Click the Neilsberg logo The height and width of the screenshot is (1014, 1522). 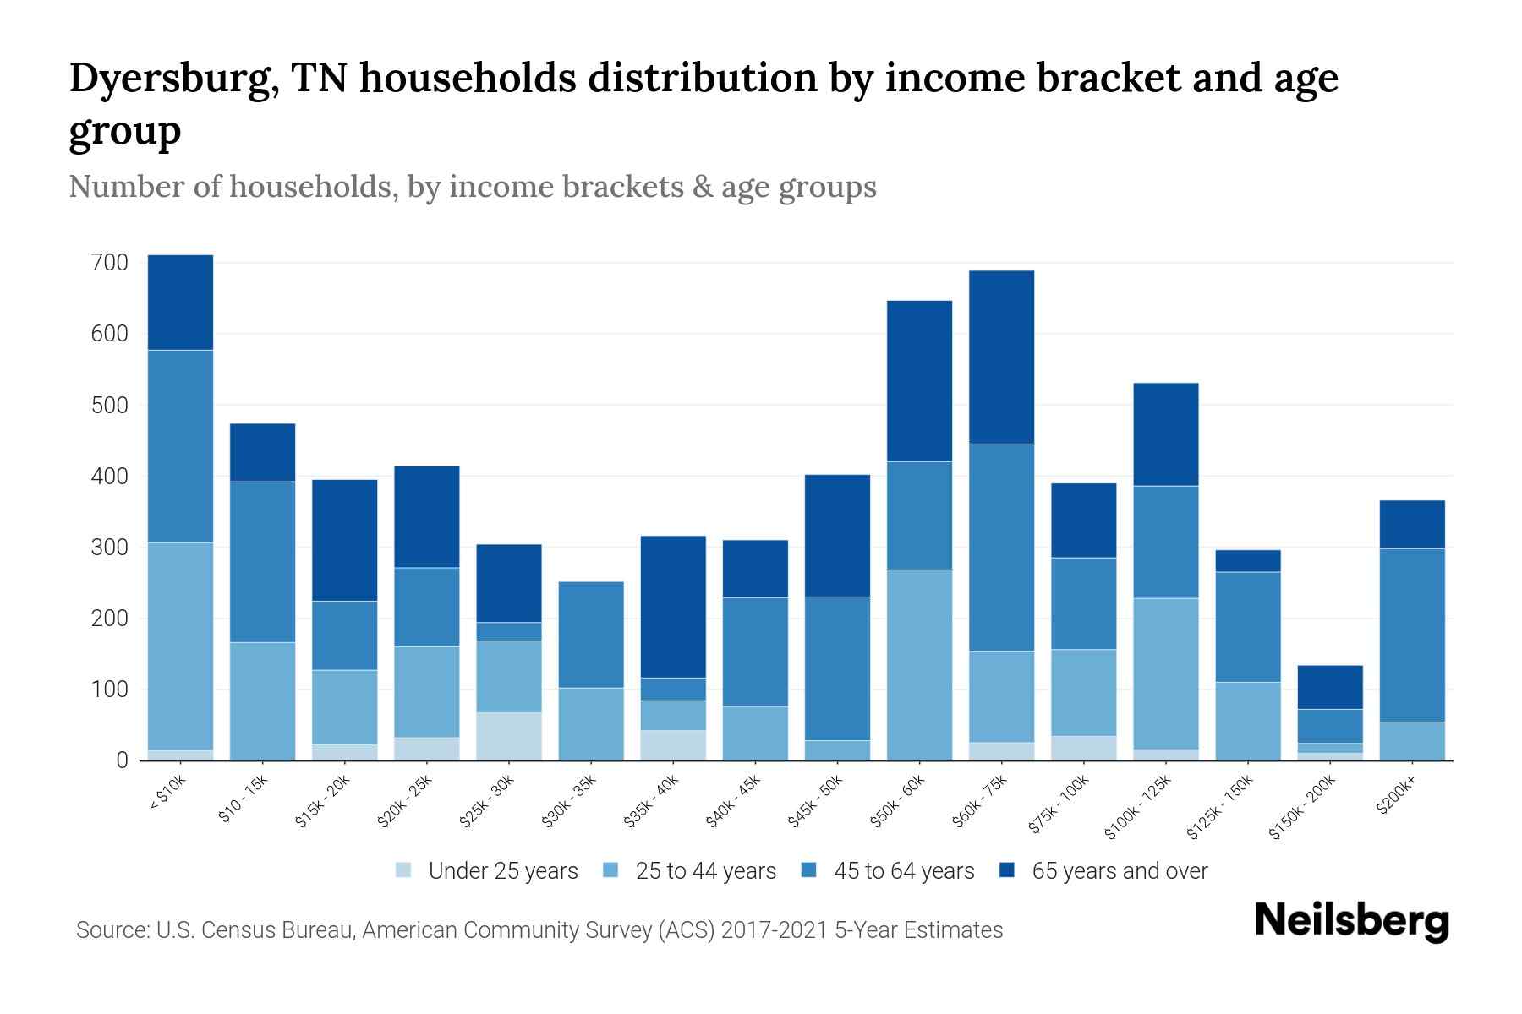pos(1351,921)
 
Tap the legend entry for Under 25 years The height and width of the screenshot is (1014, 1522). pos(502,871)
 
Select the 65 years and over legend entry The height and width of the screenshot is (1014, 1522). pos(1119,871)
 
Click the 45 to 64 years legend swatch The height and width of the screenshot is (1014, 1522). pos(809,870)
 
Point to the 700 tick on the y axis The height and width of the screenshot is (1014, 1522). pos(109,263)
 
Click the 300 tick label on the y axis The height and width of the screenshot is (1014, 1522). pos(109,548)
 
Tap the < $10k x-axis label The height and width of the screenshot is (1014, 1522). pos(167,795)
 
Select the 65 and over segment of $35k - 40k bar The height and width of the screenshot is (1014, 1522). pos(673,607)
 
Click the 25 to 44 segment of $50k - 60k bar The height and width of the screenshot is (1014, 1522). pos(919,665)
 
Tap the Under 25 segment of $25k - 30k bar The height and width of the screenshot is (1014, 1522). pos(509,736)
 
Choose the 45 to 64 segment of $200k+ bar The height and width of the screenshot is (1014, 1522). pos(1412,635)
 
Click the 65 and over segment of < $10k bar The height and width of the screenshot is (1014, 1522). pos(180,302)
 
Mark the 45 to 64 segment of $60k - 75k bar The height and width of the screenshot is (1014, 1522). pos(1001,548)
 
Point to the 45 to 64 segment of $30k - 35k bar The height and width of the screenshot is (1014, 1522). pos(591,635)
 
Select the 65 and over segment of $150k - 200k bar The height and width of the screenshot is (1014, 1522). pos(1330,687)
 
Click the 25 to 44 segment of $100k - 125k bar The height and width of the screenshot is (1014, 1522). pos(1165,673)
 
